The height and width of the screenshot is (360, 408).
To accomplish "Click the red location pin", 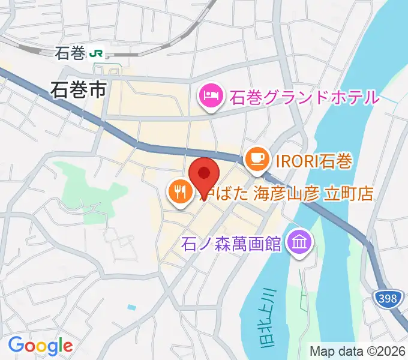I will pyautogui.click(x=203, y=175).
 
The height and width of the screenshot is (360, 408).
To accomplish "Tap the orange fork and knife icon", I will pyautogui.click(x=179, y=193).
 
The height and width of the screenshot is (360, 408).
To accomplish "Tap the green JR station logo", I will pyautogui.click(x=95, y=54).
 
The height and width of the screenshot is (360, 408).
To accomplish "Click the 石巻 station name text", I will pyautogui.click(x=70, y=54).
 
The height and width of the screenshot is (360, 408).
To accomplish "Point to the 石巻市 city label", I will pyautogui.click(x=79, y=90).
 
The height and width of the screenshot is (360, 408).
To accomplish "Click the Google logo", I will pyautogui.click(x=40, y=346).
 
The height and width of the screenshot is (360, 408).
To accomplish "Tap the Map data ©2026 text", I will pyautogui.click(x=358, y=350).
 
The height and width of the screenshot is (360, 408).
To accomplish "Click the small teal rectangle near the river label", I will pyautogui.click(x=132, y=308).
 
